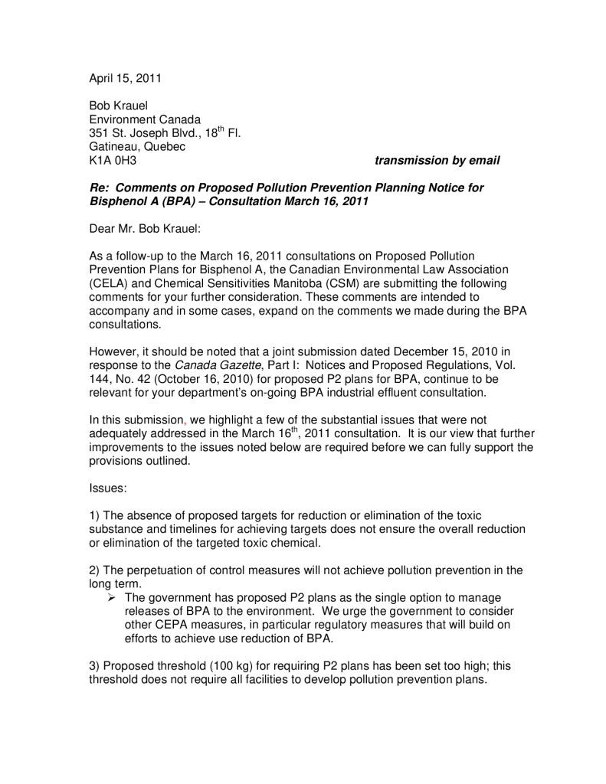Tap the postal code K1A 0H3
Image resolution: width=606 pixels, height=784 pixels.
pos(113,161)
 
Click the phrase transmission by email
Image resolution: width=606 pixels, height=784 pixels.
pos(437,161)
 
